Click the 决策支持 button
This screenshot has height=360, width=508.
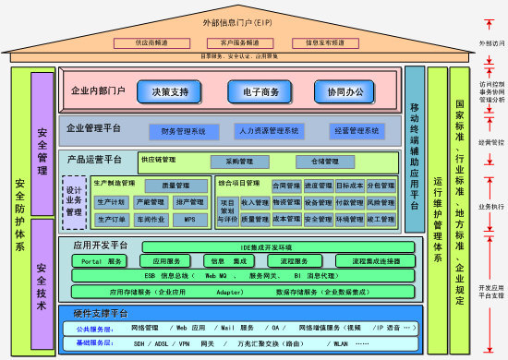click(x=168, y=92)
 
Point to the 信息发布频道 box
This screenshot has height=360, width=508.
click(x=319, y=42)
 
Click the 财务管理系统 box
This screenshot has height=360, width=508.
click(x=183, y=131)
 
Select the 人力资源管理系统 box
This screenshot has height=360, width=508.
click(x=268, y=131)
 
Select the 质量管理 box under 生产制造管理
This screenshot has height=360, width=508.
click(x=175, y=186)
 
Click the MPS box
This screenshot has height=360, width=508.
click(x=189, y=220)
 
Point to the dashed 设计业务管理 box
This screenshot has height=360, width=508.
click(x=75, y=199)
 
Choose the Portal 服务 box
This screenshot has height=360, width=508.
click(x=103, y=261)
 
